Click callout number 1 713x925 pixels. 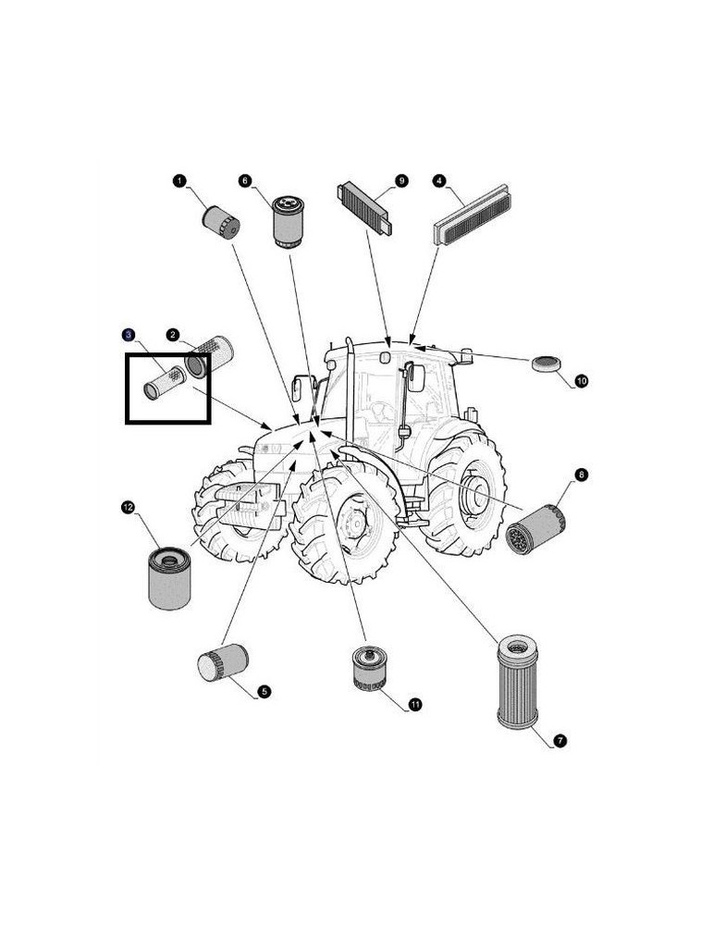pos(179,180)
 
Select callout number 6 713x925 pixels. pos(245,180)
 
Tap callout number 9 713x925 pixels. pos(401,180)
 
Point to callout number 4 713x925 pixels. pos(439,180)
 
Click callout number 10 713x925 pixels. pos(582,380)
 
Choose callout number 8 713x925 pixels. pos(581,475)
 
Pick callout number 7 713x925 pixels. pos(560,740)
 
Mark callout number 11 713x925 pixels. pos(415,705)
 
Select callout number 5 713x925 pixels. pos(264,690)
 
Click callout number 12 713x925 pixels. pos(128,506)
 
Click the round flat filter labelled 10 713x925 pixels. pos(547,364)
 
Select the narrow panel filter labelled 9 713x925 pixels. pos(368,208)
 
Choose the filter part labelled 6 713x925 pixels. pos(289,220)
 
